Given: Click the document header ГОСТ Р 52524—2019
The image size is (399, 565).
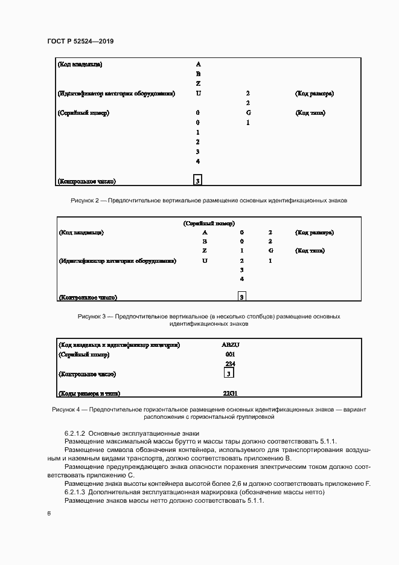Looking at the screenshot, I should coord(81,41).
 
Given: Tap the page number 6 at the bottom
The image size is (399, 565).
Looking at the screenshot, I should coord(48,513).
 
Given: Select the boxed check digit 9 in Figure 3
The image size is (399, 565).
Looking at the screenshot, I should coord(241,297).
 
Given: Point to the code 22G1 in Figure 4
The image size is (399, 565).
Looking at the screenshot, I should coord(230,393).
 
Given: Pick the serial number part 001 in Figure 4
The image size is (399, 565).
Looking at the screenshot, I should coord(230,354).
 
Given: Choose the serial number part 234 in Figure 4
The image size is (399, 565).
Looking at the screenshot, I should coord(230,364).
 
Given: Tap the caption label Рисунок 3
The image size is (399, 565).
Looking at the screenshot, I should coord(92,316).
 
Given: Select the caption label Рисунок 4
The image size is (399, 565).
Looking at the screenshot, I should coord(65,409).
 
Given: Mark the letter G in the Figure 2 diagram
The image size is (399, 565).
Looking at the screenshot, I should coord(248,113).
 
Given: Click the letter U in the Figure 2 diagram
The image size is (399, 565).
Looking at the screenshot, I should coord(198,94).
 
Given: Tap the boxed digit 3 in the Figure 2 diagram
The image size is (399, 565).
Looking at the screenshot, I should coord(198,180).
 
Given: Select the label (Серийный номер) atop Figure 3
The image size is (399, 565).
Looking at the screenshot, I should coord(209,223).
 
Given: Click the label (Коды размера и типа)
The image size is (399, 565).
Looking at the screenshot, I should coord(88,393).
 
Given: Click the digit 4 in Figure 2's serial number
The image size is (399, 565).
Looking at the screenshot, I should coord(198,161).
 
